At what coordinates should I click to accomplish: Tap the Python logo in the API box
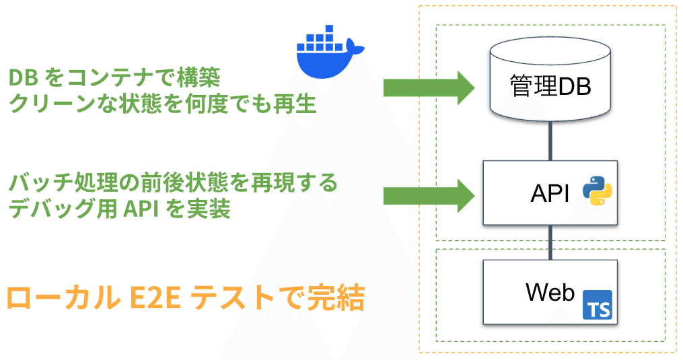598,191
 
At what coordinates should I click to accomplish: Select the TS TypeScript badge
598,305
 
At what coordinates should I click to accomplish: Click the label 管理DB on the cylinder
550,85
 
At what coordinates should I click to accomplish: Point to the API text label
550,193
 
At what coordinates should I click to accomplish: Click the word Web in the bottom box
550,292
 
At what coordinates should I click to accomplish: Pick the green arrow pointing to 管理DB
429,87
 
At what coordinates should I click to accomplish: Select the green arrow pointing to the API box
429,196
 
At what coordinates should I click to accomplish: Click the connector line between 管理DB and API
550,141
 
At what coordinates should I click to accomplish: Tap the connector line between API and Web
550,242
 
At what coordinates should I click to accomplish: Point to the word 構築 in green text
199,78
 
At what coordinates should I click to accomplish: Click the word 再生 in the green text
295,104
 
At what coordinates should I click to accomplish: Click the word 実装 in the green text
209,209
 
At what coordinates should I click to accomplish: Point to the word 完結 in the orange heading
336,298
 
